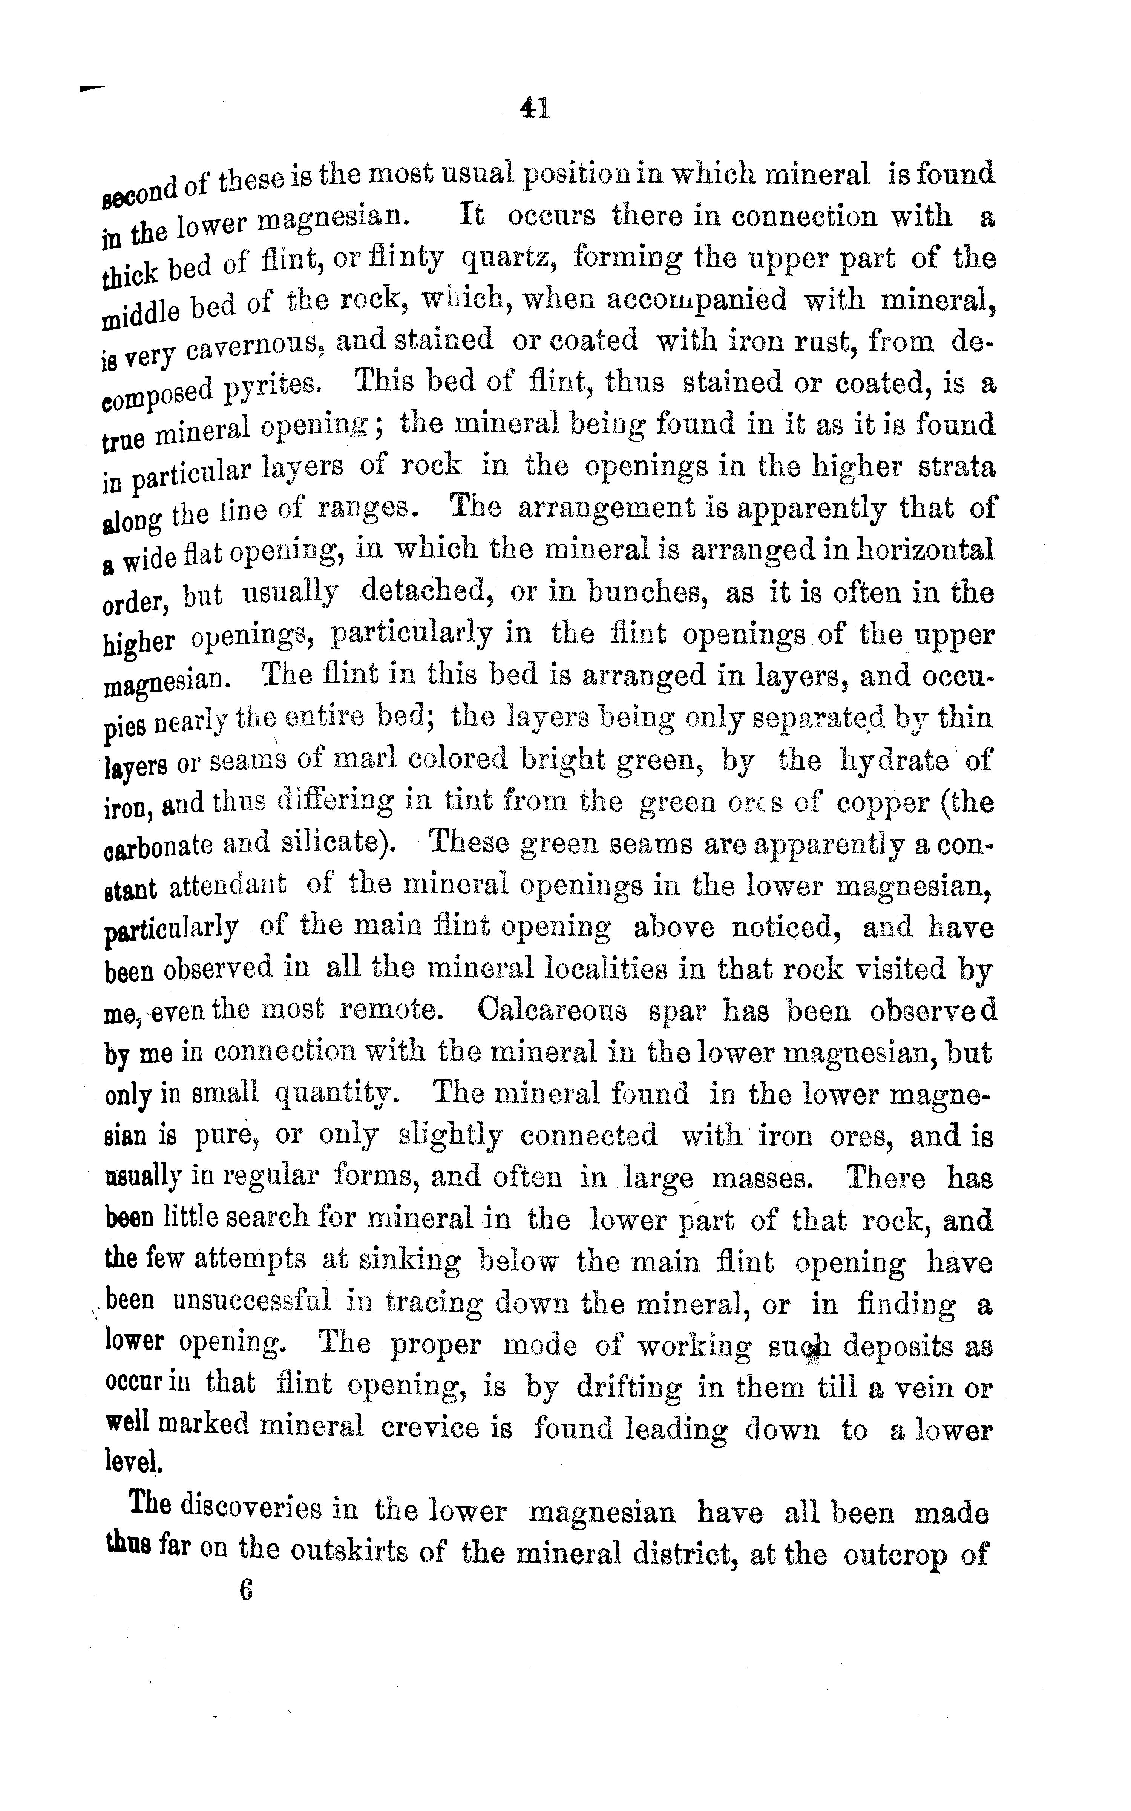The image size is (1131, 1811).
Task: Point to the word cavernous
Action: tap(251, 346)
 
